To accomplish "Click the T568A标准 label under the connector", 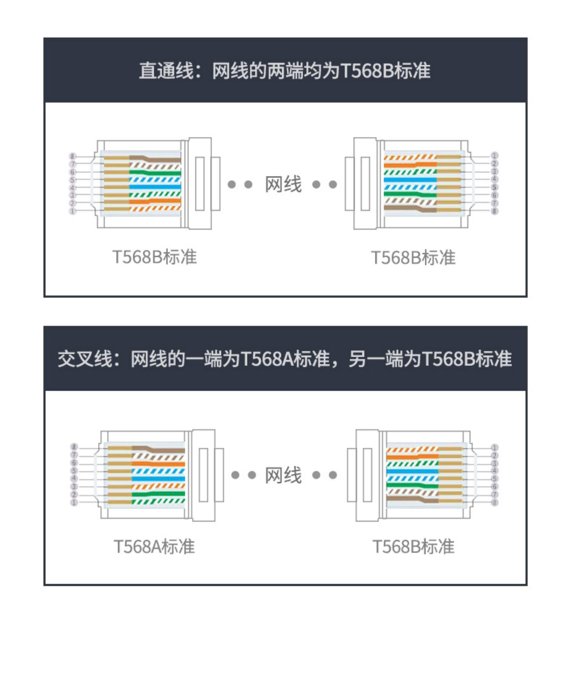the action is coord(154,547).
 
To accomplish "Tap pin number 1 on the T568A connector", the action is coord(74,503).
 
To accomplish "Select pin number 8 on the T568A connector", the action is coord(74,447).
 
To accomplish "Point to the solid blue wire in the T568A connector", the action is coord(158,479).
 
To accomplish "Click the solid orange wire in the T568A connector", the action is coord(158,464).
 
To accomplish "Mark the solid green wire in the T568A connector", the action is coord(158,494).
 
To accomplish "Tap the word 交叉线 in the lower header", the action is coord(85,359).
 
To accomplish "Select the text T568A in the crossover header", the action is coord(266,359).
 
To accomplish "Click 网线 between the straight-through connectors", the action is coord(283,185).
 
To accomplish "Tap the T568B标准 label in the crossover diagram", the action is coord(413,547).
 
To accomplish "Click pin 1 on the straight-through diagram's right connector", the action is coord(494,156).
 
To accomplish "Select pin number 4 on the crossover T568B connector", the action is coord(494,471).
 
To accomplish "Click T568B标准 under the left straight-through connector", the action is coord(154,257).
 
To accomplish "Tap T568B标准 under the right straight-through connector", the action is coord(413,258).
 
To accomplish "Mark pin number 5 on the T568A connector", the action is coord(74,471).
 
